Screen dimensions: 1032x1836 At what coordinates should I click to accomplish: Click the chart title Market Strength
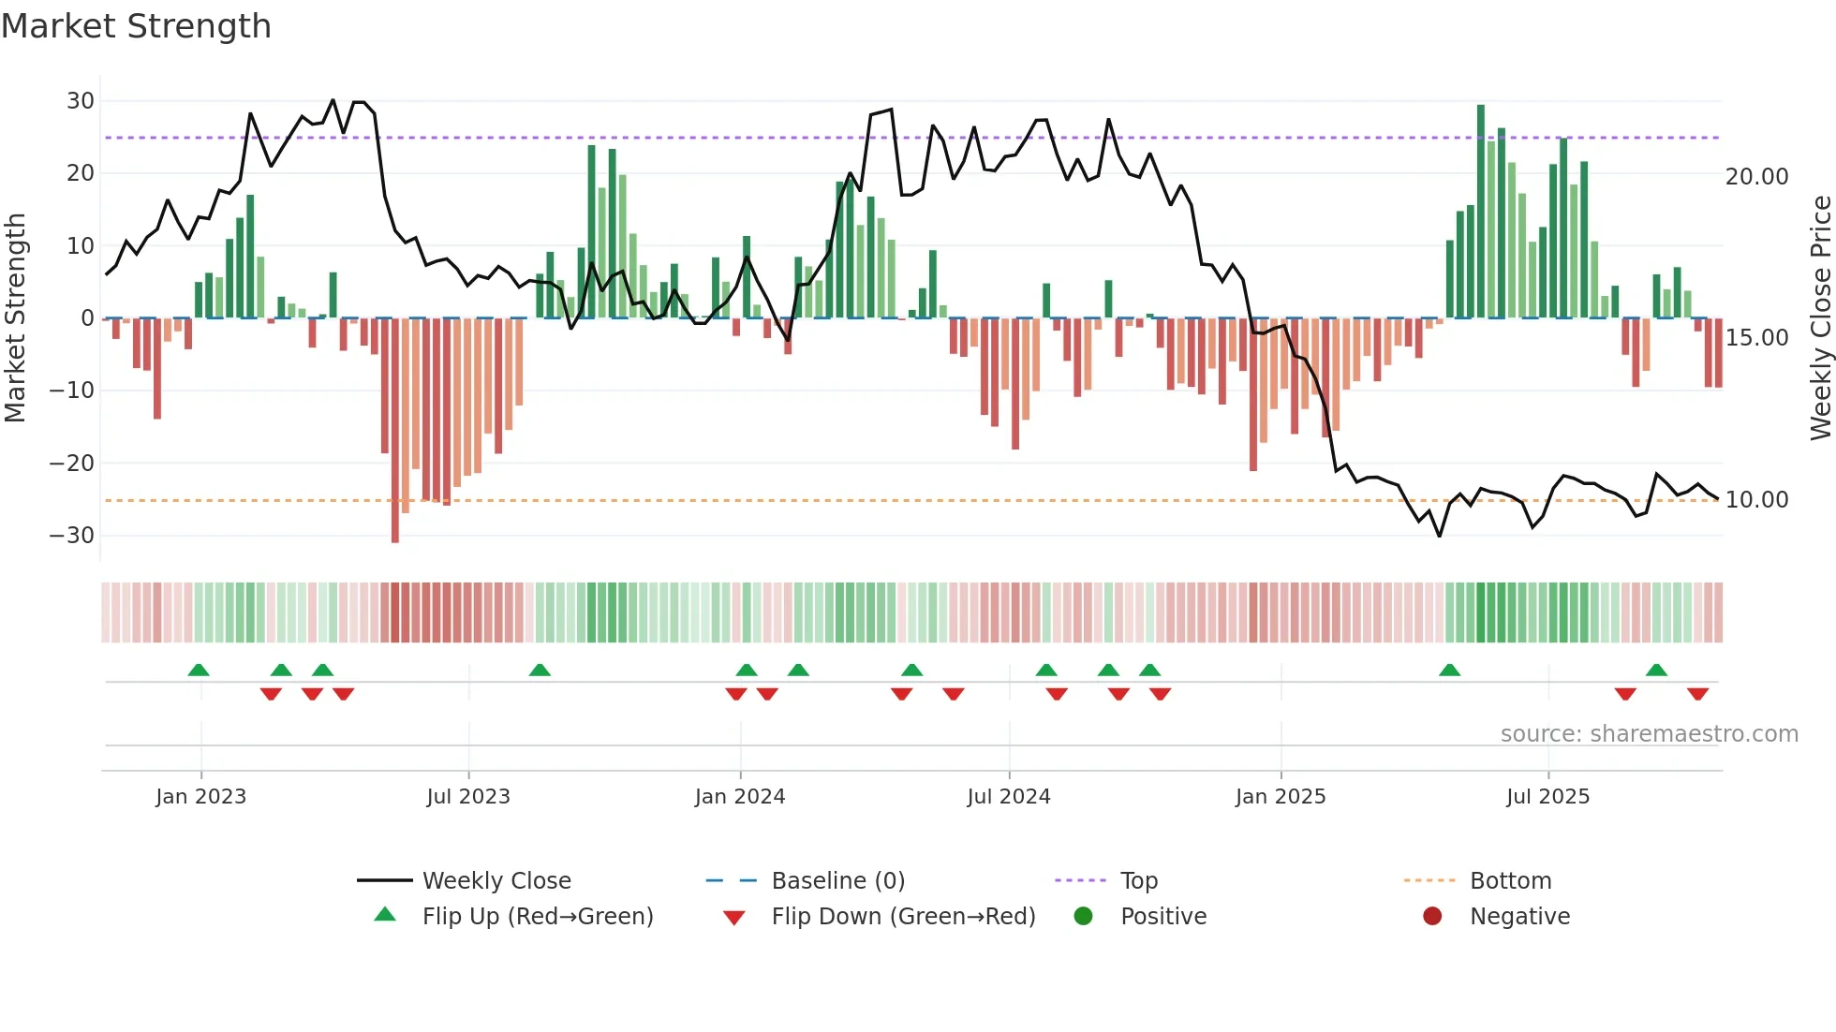pos(136,26)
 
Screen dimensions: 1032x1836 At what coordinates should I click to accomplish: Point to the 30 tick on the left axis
pos(81,100)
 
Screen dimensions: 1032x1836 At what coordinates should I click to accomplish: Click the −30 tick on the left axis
pos(73,536)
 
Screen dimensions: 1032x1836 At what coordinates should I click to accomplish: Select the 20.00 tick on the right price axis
pos(1756,177)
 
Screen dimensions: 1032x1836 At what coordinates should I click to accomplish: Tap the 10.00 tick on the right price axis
pos(1756,500)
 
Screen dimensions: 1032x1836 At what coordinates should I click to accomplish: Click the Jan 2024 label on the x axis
pos(739,797)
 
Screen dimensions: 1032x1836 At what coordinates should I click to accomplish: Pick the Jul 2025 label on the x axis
pos(1547,797)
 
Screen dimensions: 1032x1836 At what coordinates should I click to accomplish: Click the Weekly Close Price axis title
pos(1820,318)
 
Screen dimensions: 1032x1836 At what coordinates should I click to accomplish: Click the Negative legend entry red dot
pos(1432,916)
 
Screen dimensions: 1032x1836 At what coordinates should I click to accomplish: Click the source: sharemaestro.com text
pos(1649,734)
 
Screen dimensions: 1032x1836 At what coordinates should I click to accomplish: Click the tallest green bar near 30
pos(1481,211)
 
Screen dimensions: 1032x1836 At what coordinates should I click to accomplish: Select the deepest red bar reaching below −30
pos(395,431)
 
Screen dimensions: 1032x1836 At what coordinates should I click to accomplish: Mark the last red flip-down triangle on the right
pos(1697,694)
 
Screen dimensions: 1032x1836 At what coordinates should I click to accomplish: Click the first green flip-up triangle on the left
pos(199,670)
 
